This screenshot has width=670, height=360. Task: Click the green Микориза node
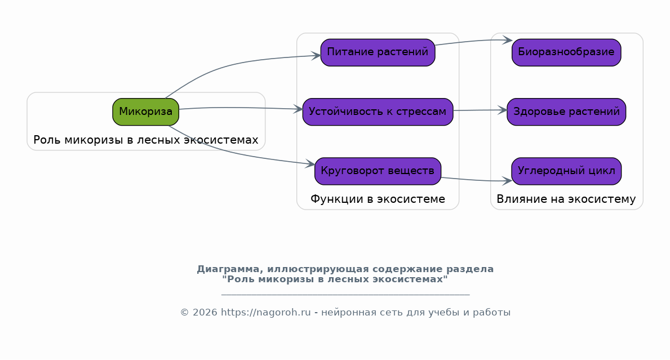[x=146, y=112]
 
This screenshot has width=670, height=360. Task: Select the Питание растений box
[x=378, y=52]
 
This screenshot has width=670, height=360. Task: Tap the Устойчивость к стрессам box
[x=378, y=112]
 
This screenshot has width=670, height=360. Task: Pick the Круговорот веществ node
[x=378, y=171]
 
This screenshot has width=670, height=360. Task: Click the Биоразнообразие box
[x=566, y=52]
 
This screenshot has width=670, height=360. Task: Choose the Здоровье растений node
[x=566, y=112]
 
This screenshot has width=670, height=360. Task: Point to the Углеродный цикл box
[x=566, y=171]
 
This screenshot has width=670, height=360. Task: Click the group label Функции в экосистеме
[x=378, y=199]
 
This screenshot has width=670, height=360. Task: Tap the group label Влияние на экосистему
[x=566, y=199]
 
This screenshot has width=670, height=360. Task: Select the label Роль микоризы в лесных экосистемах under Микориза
[x=146, y=140]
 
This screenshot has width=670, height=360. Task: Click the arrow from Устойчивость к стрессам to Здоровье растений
[x=480, y=110]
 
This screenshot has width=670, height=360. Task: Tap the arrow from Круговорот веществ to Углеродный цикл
[x=476, y=180]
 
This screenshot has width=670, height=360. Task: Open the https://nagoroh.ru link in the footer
[x=266, y=313]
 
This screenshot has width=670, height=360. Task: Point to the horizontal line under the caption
[x=345, y=294]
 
